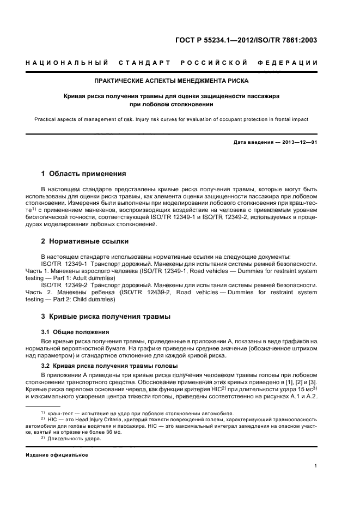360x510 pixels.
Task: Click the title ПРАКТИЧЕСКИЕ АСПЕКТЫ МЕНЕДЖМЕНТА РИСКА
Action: (x=172, y=81)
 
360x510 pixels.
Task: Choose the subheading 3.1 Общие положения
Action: (x=75, y=331)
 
